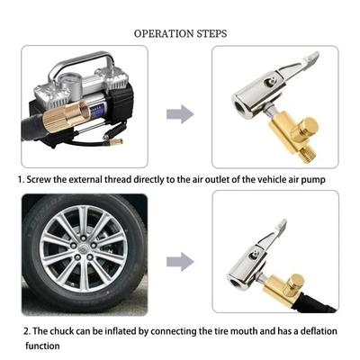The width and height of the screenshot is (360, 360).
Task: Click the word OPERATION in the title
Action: pyautogui.click(x=164, y=33)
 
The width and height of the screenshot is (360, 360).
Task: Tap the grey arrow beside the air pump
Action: pyautogui.click(x=181, y=113)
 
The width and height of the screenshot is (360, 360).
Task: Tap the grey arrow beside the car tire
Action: pyautogui.click(x=181, y=261)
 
